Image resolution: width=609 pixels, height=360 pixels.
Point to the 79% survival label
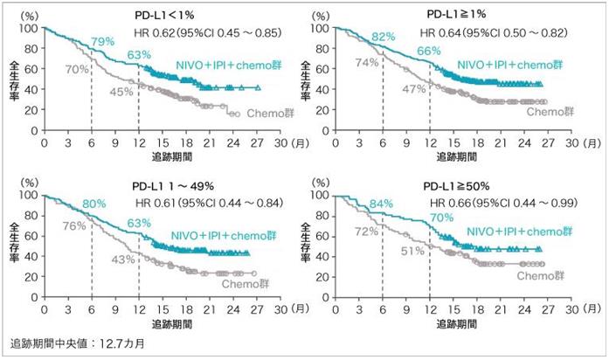(x=103, y=43)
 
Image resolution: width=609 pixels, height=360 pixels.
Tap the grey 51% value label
(x=412, y=252)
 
